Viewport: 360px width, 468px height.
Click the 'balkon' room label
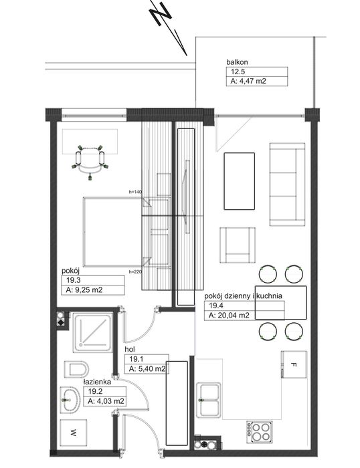click(x=237, y=62)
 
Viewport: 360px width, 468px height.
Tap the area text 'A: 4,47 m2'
click(x=248, y=81)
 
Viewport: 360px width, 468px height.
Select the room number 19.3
click(x=74, y=280)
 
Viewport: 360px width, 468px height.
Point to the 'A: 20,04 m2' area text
click(x=229, y=315)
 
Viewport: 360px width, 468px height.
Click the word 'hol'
click(x=130, y=349)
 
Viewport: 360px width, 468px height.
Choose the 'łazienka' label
click(x=97, y=382)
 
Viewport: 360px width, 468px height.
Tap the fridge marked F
click(x=294, y=364)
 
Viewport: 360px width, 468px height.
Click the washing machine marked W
click(x=74, y=433)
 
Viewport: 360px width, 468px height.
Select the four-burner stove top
click(x=260, y=432)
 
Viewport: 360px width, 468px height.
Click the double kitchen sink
click(x=209, y=400)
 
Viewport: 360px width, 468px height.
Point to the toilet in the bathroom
click(x=76, y=370)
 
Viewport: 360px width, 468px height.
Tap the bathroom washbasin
click(x=70, y=400)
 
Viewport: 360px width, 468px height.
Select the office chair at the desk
click(x=90, y=162)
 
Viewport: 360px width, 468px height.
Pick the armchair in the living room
click(x=238, y=245)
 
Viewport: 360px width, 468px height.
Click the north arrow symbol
click(x=169, y=27)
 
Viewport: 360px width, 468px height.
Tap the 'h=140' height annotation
click(x=135, y=192)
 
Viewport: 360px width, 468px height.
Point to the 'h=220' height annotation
click(x=135, y=271)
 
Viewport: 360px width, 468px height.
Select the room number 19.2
click(x=95, y=391)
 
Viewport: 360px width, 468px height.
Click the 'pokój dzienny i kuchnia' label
click(x=243, y=296)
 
